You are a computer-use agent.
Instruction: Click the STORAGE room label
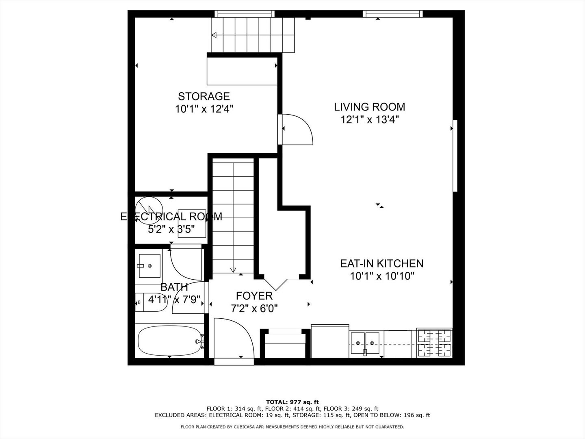[x=204, y=96]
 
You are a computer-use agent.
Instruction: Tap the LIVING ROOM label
[x=369, y=107]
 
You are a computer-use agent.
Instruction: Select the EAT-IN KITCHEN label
[x=381, y=263]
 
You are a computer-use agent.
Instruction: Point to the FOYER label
[x=254, y=296]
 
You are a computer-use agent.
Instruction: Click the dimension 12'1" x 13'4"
[x=369, y=120]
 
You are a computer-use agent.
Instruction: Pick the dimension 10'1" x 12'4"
[x=204, y=109]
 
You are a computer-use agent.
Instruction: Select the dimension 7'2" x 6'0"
[x=254, y=309]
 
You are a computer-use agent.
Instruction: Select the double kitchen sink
[x=365, y=339]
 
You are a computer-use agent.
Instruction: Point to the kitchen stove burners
[x=434, y=343]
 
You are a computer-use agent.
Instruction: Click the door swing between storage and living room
[x=297, y=129]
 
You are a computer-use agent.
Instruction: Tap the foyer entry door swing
[x=232, y=337]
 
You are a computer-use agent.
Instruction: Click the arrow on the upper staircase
[x=214, y=35]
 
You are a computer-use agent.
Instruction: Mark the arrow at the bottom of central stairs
[x=233, y=269]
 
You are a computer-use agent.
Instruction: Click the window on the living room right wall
[x=455, y=155]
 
